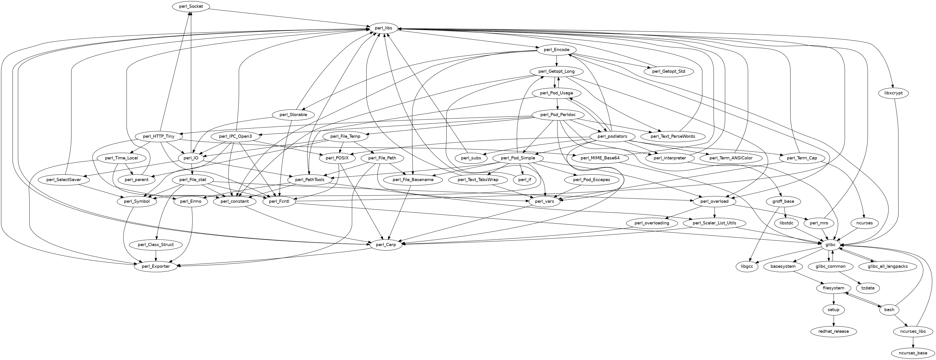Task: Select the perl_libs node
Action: tap(384, 28)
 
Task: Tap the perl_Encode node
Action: tap(556, 50)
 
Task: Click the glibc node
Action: tap(828, 245)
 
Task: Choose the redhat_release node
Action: tap(834, 331)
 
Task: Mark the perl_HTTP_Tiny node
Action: tap(158, 137)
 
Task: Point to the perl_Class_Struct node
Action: tap(156, 245)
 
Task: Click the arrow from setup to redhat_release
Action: tap(834, 321)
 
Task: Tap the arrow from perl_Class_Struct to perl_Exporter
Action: tap(156, 255)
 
